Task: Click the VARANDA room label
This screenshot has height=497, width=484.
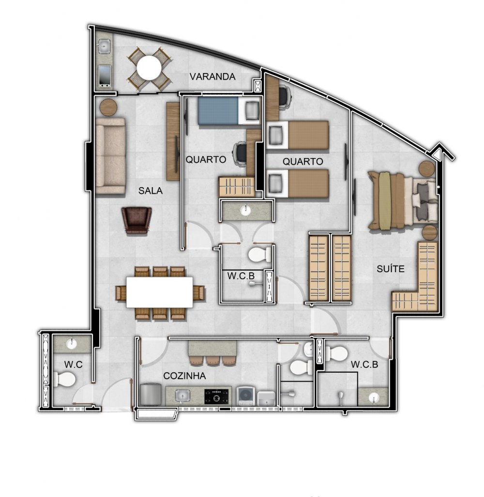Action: pos(212,76)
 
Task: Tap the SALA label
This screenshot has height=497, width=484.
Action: pos(151,190)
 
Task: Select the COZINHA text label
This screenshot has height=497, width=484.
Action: pos(184,376)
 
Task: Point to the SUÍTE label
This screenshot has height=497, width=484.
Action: pos(391,268)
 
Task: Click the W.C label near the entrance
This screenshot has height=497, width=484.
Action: pos(73,365)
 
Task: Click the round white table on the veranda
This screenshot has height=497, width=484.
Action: pos(149,68)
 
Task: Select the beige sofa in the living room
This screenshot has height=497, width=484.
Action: pos(110,156)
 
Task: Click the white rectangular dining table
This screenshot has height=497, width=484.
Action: pos(159,292)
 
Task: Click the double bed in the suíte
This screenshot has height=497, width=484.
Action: pos(402,200)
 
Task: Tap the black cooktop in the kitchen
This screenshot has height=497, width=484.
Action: pos(217,396)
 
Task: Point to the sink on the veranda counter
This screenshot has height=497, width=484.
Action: pos(104,46)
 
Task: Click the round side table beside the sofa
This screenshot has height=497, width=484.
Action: pos(108,107)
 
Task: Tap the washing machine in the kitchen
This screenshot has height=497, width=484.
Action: pos(245,396)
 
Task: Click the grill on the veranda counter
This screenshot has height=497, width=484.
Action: pos(105,76)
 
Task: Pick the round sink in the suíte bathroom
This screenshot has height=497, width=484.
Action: pos(374,397)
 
